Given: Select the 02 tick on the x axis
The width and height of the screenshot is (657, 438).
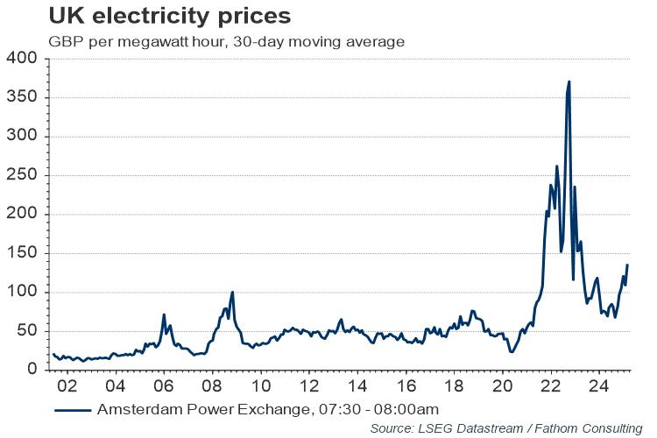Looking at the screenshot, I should [67, 386].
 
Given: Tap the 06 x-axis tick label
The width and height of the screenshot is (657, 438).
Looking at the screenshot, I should [164, 386].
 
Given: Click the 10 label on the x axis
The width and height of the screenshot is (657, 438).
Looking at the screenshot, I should [260, 386].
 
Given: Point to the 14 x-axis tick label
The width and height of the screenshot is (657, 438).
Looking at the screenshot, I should [357, 386].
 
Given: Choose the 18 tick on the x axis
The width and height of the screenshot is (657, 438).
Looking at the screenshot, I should [453, 386].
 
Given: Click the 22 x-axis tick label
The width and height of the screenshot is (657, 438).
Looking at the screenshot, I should [549, 386].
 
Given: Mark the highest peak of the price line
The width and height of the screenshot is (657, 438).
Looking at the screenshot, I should [569, 81].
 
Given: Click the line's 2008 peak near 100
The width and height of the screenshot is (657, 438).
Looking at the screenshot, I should [232, 292].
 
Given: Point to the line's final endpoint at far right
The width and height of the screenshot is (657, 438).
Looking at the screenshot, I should [627, 265].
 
